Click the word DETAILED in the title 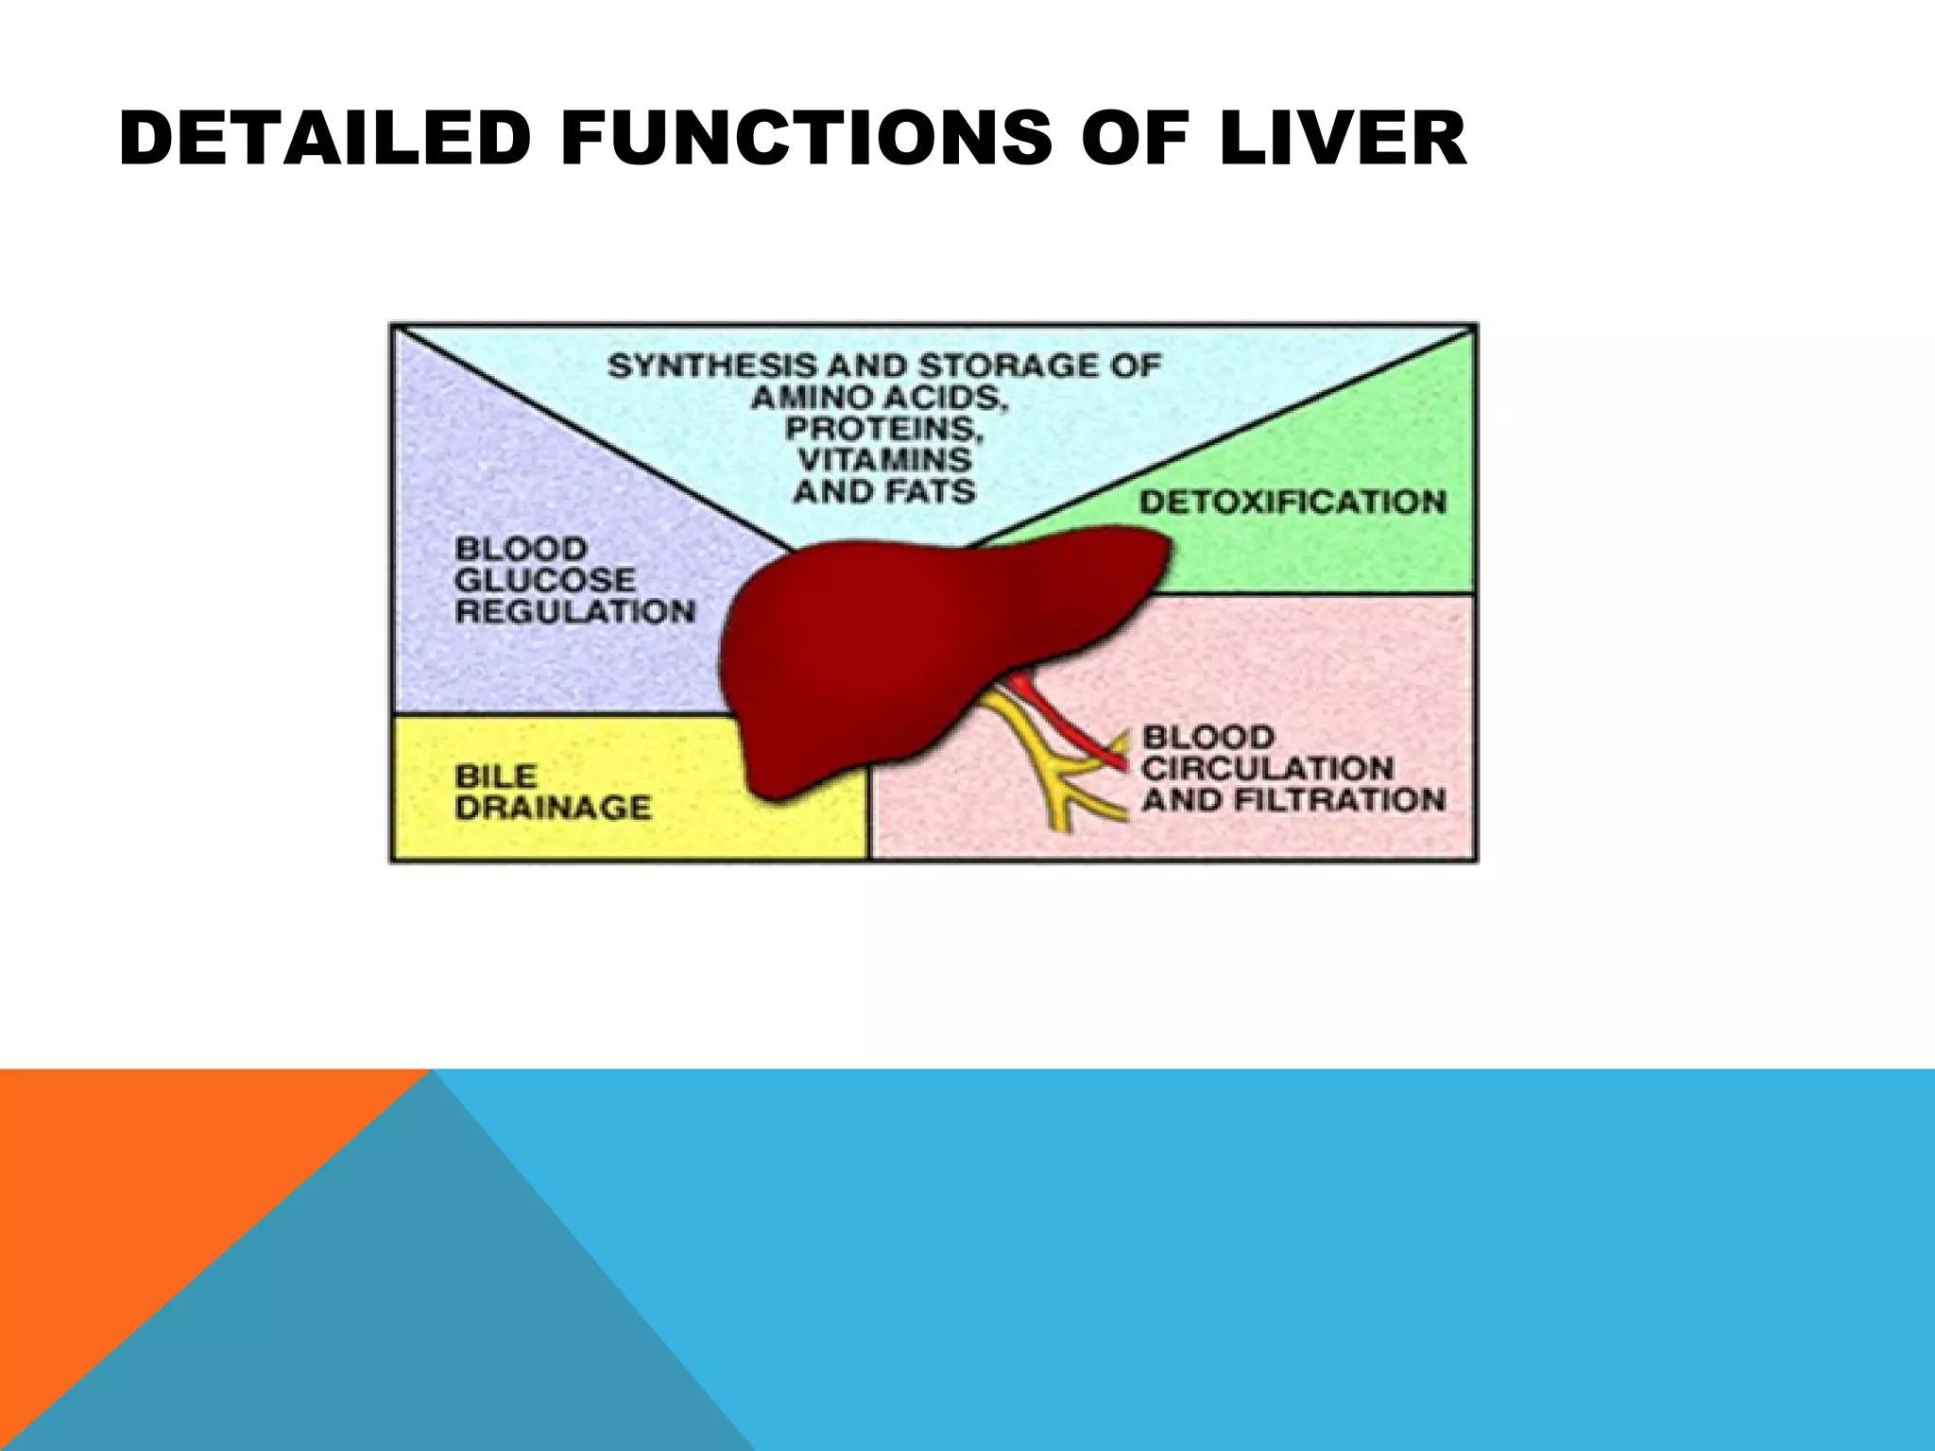click(322, 138)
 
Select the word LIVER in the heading click(1342, 138)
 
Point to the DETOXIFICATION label click(1292, 501)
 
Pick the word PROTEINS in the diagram click(883, 429)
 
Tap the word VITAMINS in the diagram click(884, 460)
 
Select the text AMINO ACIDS click(880, 398)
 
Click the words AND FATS click(884, 491)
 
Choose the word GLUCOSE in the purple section click(545, 579)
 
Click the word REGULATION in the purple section click(574, 611)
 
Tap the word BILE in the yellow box click(495, 776)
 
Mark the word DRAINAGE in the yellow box click(553, 808)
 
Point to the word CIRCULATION click(1267, 768)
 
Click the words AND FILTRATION click(1293, 800)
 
